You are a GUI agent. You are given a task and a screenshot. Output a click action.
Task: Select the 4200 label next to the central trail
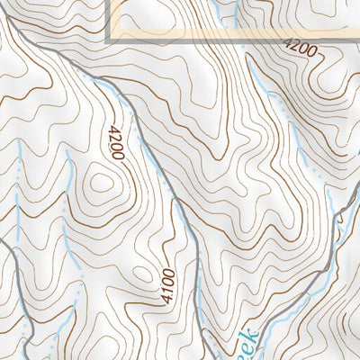point(114,142)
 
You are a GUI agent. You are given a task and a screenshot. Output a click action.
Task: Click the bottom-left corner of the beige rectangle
point(109,40)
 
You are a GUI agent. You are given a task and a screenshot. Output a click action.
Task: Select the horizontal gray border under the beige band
point(225,41)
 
